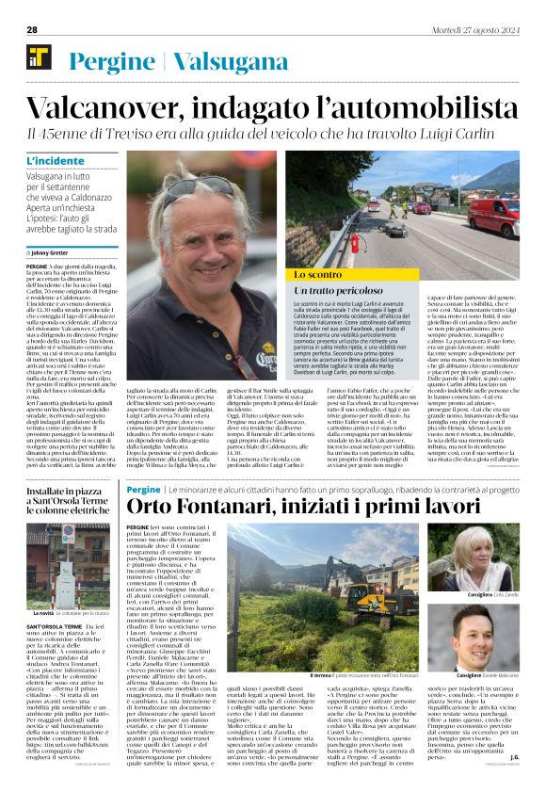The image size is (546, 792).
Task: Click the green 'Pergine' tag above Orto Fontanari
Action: [x=143, y=490]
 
